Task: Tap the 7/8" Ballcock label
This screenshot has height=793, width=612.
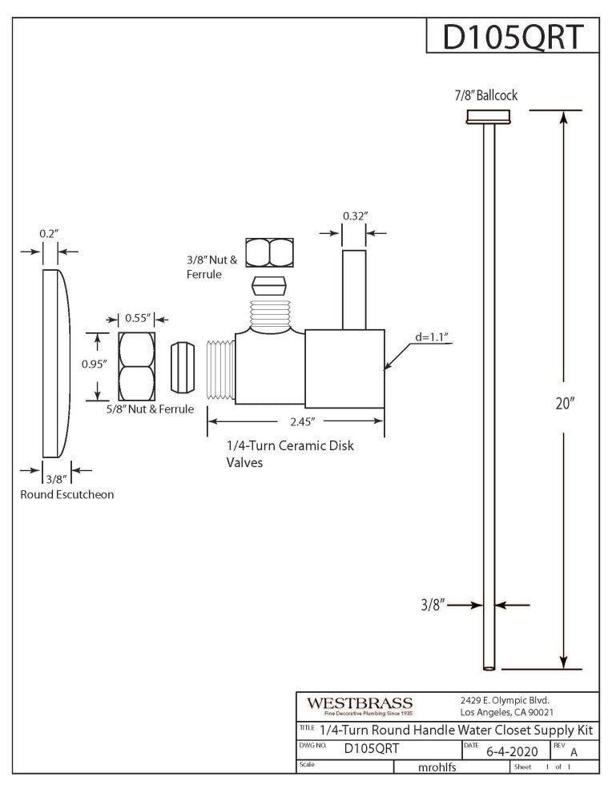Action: [485, 95]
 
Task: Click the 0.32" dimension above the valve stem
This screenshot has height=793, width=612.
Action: [354, 215]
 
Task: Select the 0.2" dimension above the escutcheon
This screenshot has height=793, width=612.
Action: [50, 233]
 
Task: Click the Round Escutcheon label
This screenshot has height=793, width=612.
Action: [67, 494]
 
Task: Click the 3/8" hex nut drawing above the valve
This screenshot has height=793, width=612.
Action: [270, 252]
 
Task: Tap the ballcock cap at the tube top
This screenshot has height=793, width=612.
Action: [489, 117]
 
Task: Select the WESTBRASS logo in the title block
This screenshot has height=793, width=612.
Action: [360, 704]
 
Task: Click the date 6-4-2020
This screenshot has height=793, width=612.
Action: [512, 751]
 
